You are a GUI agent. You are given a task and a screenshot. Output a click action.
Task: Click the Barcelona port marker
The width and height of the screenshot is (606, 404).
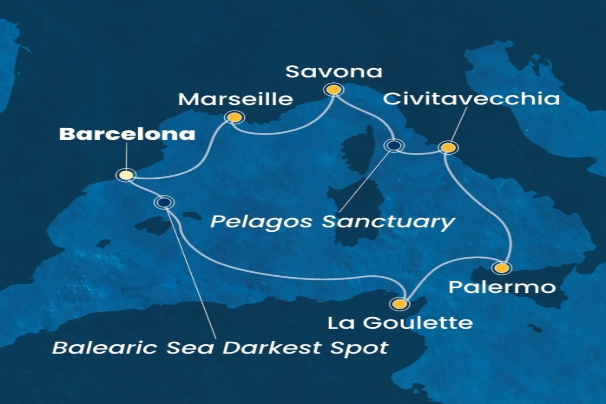point(126,175)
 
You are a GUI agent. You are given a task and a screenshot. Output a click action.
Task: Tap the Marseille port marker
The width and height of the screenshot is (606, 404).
point(234,118)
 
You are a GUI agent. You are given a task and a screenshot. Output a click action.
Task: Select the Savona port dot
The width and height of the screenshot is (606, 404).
point(333,90)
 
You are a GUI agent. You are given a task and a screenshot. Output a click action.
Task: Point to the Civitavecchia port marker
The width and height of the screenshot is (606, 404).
point(448,147)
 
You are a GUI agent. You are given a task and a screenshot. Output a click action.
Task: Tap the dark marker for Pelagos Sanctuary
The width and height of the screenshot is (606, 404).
point(394,145)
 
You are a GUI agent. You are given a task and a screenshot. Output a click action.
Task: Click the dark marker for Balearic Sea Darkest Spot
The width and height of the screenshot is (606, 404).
point(163,203)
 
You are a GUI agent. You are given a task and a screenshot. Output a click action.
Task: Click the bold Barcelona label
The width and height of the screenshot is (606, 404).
point(127,134)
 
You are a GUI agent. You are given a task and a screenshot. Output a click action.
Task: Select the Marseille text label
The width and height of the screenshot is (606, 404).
point(236,99)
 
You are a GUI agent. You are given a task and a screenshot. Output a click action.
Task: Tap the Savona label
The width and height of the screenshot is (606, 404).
point(334,72)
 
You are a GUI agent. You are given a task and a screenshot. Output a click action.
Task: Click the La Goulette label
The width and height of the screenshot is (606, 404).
point(400,323)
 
